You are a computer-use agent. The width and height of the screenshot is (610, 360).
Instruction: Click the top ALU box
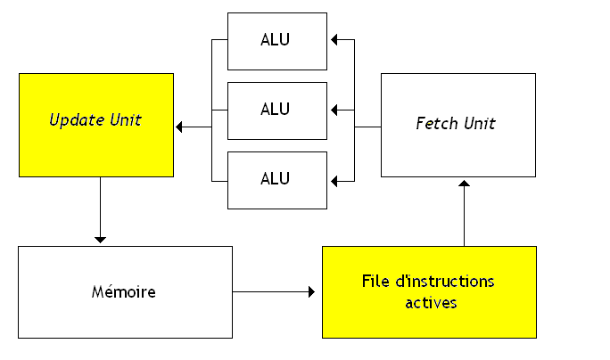click(276, 41)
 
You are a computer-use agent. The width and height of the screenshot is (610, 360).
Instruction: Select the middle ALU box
click(276, 110)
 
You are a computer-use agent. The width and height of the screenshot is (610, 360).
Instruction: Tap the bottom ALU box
click(276, 180)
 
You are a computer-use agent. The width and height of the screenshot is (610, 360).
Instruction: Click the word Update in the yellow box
click(73, 119)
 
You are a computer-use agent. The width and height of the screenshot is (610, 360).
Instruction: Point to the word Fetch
click(434, 123)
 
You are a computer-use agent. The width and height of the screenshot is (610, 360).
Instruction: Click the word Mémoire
click(124, 291)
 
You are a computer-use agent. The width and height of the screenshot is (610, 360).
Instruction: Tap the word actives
click(431, 302)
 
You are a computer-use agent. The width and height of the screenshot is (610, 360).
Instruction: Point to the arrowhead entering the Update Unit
click(179, 127)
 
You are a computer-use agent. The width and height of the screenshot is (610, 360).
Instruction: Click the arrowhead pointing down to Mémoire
click(100, 239)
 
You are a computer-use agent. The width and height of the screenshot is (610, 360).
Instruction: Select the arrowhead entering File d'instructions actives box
click(311, 291)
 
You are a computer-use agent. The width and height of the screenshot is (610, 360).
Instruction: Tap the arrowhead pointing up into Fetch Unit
click(464, 184)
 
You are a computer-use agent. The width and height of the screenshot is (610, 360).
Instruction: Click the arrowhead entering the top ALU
click(334, 40)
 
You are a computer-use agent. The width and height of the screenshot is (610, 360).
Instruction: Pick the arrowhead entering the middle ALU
click(334, 110)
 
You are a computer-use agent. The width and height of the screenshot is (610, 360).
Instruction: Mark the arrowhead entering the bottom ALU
click(334, 181)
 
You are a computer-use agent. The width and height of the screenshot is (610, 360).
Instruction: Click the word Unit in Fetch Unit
click(478, 123)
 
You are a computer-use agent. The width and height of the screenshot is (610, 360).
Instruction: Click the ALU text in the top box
click(276, 40)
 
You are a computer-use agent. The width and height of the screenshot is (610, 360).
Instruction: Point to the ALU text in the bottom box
click(276, 178)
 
